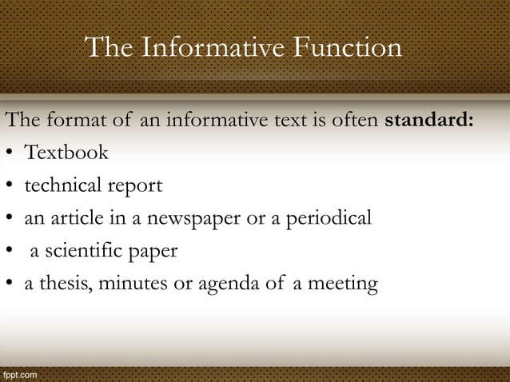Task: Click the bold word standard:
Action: click(430, 121)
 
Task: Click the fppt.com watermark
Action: click(18, 373)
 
